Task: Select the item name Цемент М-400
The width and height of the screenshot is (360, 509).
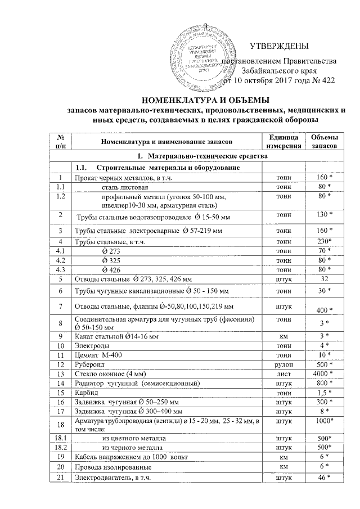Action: tap(98, 355)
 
